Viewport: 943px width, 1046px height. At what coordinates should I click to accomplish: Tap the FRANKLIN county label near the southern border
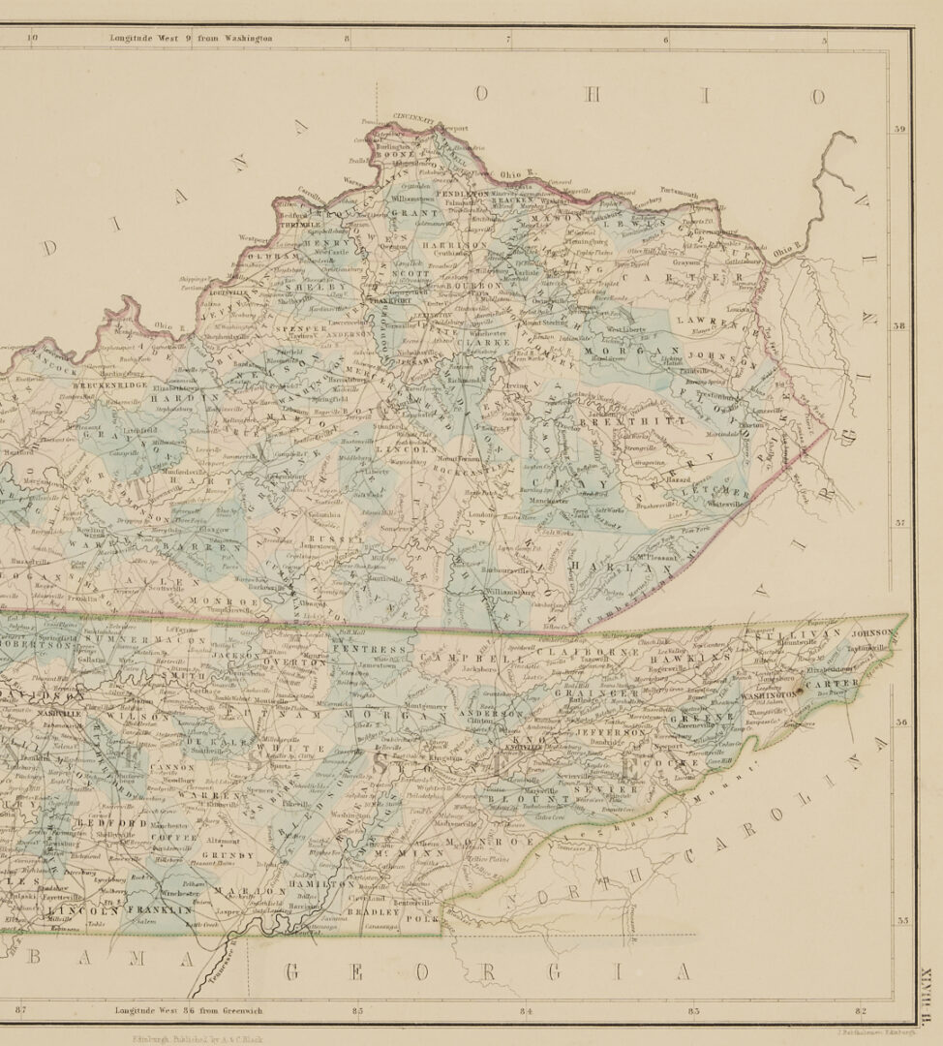click(x=158, y=910)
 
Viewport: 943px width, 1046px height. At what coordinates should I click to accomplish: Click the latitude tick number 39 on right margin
click(x=899, y=129)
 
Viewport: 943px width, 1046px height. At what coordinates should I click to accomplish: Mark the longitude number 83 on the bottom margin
click(x=694, y=1011)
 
